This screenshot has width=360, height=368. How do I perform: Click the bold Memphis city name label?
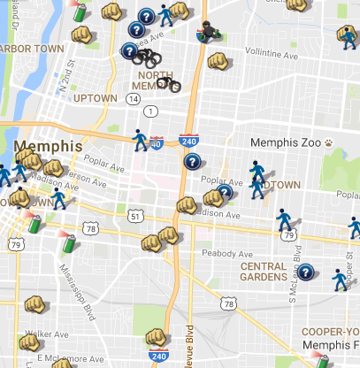point(48,146)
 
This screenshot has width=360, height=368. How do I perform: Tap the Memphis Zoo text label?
point(285,142)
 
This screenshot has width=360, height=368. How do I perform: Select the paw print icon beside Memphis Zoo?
point(328,142)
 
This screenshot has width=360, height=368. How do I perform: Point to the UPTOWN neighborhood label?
point(95,97)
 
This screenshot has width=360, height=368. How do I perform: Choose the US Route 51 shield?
point(134,215)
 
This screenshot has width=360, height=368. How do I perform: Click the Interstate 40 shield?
point(157,142)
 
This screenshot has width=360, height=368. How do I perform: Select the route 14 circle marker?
point(132,99)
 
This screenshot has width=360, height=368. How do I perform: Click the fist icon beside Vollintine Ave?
point(218,62)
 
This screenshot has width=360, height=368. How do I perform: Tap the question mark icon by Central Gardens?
point(306,272)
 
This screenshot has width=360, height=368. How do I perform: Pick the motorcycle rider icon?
point(209,32)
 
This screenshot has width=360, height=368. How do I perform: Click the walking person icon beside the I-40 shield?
point(139,139)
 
